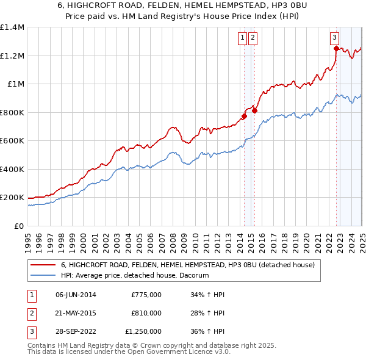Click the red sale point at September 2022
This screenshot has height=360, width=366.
336,48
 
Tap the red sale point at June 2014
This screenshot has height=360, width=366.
244,116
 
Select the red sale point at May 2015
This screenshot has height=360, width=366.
254,111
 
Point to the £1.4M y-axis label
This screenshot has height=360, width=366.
12,27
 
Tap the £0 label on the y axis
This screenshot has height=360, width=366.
18,226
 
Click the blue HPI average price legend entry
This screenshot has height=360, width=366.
135,276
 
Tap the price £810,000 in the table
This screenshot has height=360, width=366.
146,314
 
